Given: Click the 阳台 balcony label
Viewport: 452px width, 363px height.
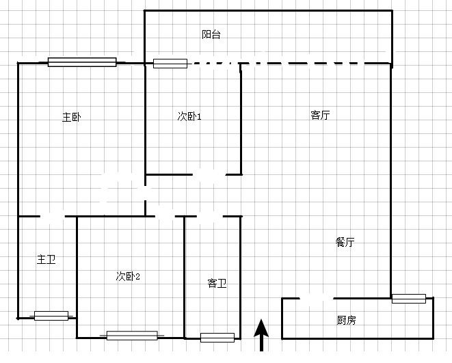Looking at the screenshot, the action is point(211,34).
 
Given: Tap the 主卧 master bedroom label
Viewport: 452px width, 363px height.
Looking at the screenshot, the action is point(72,118).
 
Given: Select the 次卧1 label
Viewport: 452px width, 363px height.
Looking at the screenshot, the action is point(189,116).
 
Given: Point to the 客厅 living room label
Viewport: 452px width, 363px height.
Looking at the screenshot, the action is point(320,115).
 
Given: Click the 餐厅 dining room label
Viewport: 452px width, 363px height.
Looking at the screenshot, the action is point(345,242).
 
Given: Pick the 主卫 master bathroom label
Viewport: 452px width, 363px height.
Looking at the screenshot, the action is point(46,259).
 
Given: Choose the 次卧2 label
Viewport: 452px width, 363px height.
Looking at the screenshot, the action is point(128,276).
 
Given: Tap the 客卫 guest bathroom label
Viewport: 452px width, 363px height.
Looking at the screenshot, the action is point(217,283).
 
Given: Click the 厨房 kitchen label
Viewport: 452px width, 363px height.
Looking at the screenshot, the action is point(346,320).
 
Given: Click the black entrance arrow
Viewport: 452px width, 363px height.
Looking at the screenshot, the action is point(261,335).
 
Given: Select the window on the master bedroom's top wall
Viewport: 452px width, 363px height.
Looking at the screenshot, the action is point(82,62).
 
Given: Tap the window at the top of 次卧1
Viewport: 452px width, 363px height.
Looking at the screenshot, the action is point(170,64).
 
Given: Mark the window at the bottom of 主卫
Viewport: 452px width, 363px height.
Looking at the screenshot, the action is point(51,316).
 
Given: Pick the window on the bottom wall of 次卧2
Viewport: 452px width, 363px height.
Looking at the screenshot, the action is point(132,336).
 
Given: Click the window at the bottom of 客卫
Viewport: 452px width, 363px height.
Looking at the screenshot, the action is point(217,338).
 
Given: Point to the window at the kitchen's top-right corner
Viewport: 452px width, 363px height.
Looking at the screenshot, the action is point(409,299).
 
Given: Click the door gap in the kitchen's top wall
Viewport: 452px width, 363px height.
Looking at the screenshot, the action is point(317,299).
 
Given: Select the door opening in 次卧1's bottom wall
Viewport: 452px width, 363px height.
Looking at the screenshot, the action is point(209,174).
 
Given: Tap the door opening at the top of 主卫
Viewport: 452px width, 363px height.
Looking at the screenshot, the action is point(52,216).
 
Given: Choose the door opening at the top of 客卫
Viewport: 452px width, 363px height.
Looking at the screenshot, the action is point(210,216).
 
